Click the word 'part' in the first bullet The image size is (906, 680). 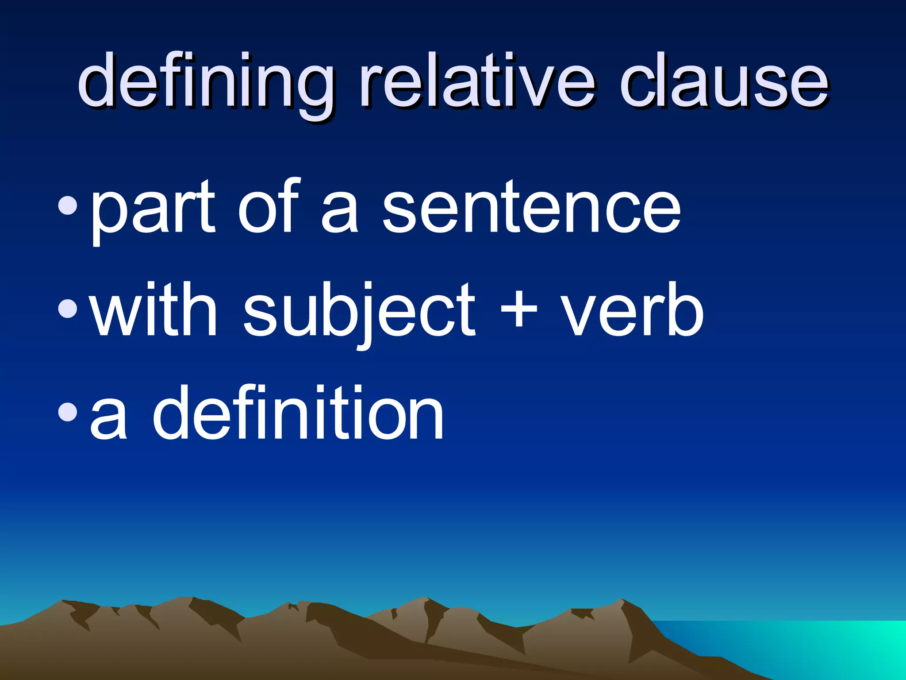click(153, 208)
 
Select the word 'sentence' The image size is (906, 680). click(531, 208)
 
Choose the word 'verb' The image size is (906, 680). click(633, 310)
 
